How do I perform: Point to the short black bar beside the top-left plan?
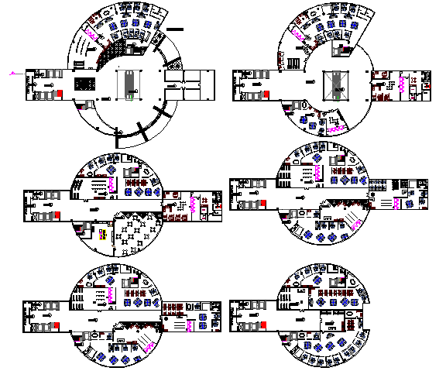pos(177,31)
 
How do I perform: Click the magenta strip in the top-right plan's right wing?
pos(402,84)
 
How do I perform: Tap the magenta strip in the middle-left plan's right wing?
pos(191,204)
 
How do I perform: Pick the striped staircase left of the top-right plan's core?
pos(294,63)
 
